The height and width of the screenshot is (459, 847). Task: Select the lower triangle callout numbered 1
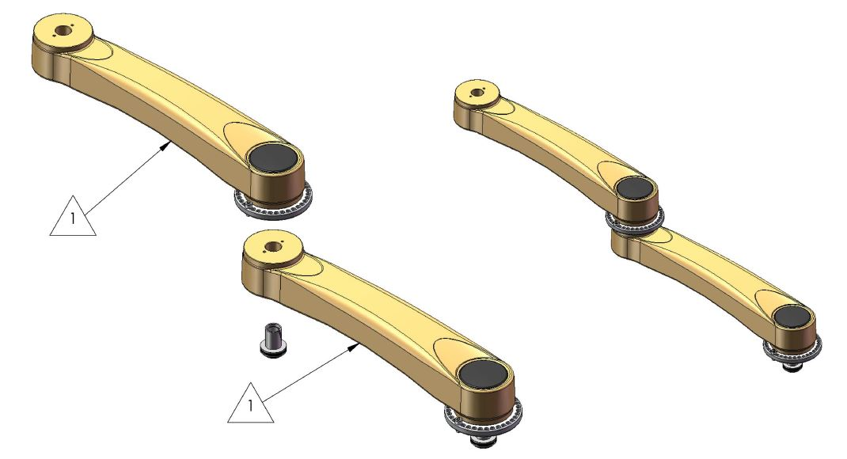[x=251, y=406]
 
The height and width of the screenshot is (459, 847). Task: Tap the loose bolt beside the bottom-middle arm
[x=271, y=340]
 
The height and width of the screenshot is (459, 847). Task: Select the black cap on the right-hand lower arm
[x=791, y=316]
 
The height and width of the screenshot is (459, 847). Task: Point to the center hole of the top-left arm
[x=62, y=34]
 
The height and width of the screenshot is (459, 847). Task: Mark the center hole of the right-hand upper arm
[x=476, y=93]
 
